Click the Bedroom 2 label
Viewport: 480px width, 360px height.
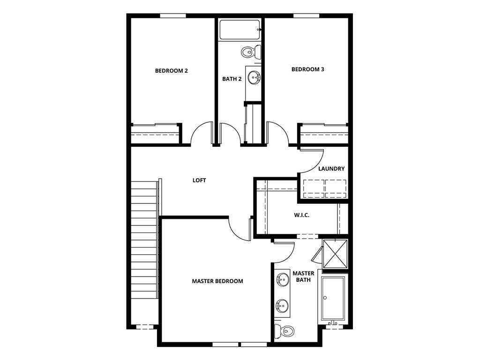click(172, 71)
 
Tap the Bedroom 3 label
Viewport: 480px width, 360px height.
click(307, 69)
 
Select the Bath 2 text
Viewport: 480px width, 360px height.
click(232, 79)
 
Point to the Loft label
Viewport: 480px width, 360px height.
click(199, 180)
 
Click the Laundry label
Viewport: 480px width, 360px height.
click(331, 169)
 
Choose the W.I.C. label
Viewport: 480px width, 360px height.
click(301, 215)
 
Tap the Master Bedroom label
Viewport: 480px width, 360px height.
click(217, 281)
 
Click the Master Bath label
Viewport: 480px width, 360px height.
click(303, 276)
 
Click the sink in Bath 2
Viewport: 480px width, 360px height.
click(254, 77)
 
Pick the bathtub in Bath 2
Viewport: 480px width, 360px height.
click(240, 30)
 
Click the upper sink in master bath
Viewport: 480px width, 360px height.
click(282, 281)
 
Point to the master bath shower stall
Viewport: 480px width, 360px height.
click(335, 255)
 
